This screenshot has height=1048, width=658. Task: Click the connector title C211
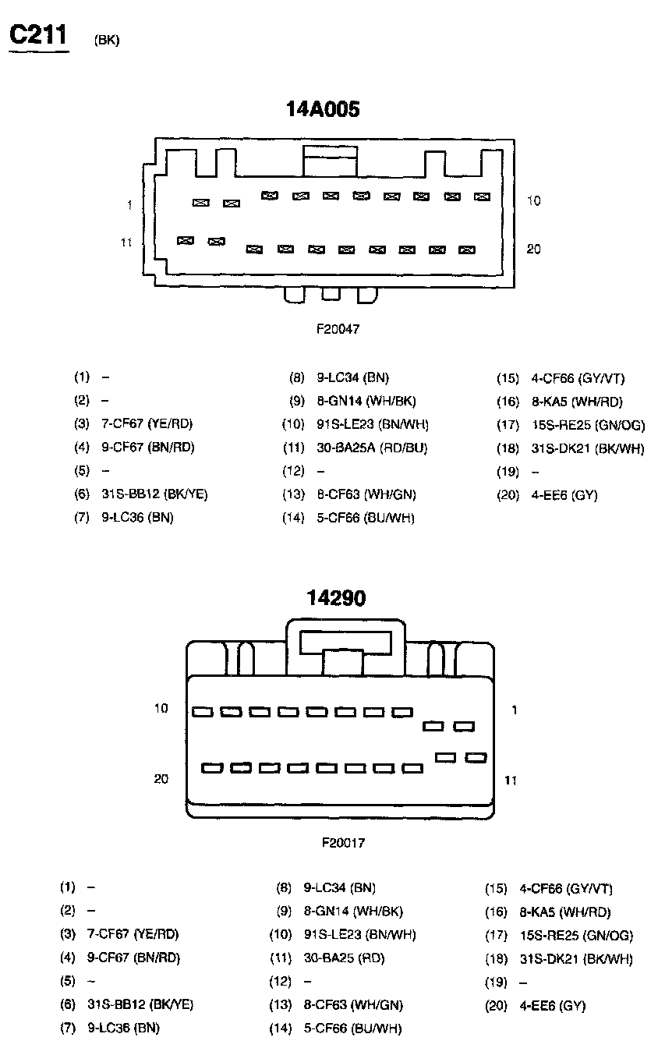coord(38,35)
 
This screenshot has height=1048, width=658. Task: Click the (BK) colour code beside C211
coord(106,41)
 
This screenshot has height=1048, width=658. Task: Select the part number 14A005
coord(323,109)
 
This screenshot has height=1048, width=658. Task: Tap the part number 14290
coord(335,598)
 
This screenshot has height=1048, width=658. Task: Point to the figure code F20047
coord(338,329)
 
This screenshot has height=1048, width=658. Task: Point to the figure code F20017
coord(343,843)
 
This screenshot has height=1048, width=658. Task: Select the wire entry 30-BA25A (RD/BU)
coord(372,448)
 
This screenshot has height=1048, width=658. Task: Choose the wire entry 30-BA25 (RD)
coord(344,958)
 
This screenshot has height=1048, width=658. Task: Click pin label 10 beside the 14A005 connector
coord(533,201)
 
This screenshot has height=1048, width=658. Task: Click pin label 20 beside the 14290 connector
coord(161,779)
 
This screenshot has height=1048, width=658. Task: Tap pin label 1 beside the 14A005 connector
coord(129,204)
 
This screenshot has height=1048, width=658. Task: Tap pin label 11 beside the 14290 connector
coord(511,780)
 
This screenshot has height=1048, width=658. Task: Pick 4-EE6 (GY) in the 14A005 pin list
coord(564,495)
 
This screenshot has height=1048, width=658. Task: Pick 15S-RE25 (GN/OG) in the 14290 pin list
coord(576,936)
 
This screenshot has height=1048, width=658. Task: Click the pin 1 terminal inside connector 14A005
coord(201,203)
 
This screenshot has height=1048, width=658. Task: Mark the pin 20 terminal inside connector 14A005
coord(467,250)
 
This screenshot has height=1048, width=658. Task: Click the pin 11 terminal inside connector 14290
coord(476,757)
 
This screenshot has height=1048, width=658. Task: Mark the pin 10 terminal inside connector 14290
coord(203,712)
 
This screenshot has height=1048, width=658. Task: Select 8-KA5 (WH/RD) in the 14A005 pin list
coord(578,402)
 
